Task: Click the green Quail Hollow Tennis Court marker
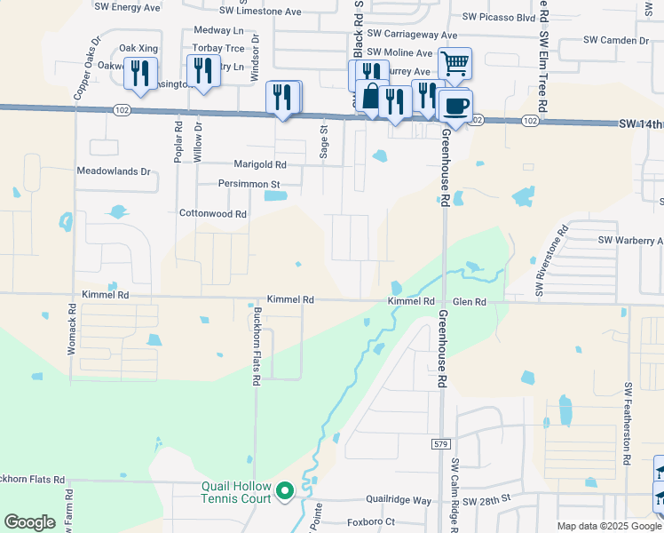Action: click(285, 490)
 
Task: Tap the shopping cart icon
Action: click(454, 63)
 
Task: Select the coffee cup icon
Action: click(456, 106)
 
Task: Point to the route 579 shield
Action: click(443, 442)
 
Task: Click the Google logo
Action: click(29, 522)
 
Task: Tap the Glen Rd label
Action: click(470, 302)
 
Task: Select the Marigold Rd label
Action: click(260, 164)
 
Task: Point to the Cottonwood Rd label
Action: click(213, 214)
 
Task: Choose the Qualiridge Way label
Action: click(397, 501)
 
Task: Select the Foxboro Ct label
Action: click(371, 521)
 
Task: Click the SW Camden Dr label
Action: click(616, 40)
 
